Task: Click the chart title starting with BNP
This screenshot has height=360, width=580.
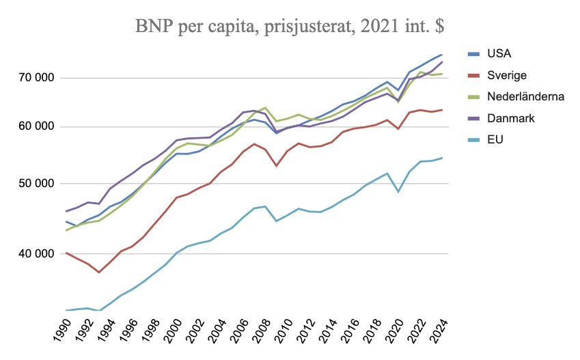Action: [290, 27]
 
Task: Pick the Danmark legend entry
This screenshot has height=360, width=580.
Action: [510, 118]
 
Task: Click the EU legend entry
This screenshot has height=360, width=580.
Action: [494, 139]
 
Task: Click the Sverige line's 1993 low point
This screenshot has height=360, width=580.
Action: [99, 273]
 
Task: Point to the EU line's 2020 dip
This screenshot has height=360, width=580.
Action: [398, 192]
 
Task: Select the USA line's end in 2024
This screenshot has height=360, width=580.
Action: [443, 55]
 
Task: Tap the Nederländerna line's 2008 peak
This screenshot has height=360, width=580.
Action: [266, 108]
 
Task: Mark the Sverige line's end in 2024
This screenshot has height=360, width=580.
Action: [443, 110]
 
